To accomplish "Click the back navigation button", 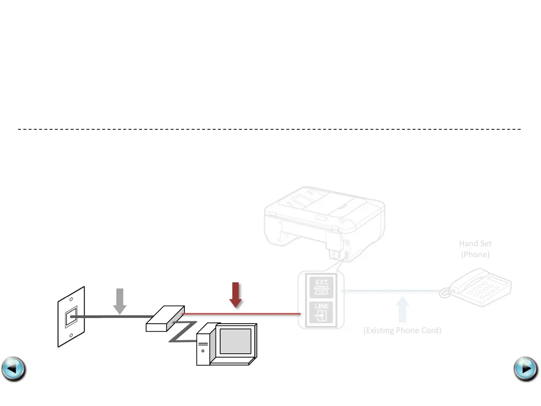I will click(x=14, y=369).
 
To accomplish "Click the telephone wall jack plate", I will click(x=71, y=317).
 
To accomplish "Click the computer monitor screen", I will click(x=235, y=341).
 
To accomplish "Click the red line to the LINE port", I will click(x=240, y=314).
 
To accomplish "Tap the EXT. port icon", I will click(x=321, y=287).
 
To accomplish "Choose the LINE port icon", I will click(x=321, y=312).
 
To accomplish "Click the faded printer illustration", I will click(x=324, y=222).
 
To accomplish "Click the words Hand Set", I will click(x=475, y=244).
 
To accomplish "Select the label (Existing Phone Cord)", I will click(x=402, y=330).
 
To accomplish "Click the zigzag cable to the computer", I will click(x=183, y=332).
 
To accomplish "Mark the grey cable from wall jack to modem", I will click(x=113, y=317).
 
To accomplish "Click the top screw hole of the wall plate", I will click(x=71, y=299).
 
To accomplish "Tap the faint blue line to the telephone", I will click(x=391, y=290).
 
